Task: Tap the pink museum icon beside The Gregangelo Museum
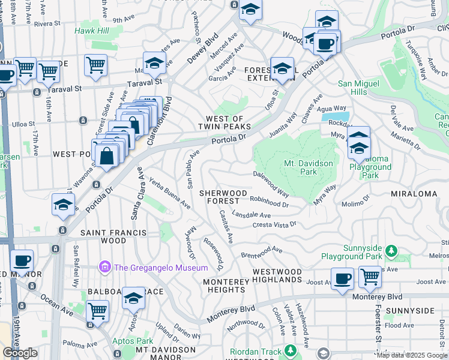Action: coord(105,266)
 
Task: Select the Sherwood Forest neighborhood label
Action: coord(223,197)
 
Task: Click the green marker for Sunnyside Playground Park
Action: coord(391,250)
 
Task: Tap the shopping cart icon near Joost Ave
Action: coord(370,277)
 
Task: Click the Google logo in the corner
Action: coord(20,353)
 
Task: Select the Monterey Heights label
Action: coord(225,286)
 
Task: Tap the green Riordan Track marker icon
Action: coord(291,350)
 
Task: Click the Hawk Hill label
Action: coord(92,31)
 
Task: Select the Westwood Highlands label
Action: coord(277,276)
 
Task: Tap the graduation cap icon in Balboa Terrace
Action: coord(133,298)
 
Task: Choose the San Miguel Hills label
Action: coord(360,88)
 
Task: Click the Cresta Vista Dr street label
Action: coord(274,224)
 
